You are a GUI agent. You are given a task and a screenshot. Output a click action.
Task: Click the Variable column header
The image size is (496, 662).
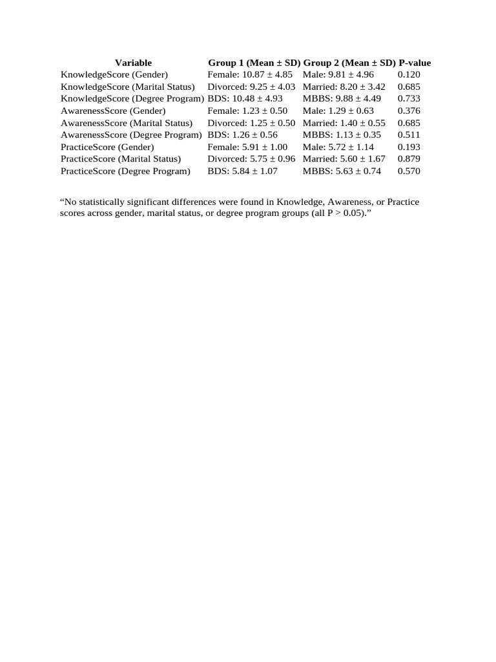(133, 63)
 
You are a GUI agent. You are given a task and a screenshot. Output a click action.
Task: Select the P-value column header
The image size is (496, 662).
(415, 63)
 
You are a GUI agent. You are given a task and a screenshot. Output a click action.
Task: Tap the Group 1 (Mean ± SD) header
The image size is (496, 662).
(254, 63)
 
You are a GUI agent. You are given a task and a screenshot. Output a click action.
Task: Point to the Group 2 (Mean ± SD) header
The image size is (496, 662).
(349, 63)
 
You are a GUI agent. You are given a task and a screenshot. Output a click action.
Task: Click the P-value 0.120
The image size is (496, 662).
(409, 75)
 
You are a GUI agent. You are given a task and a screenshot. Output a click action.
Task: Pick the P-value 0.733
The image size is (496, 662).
(409, 99)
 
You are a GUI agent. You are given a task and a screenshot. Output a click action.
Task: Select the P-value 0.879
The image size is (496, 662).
(409, 159)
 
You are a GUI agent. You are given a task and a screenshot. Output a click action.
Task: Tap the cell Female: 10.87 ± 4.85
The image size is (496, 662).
(250, 75)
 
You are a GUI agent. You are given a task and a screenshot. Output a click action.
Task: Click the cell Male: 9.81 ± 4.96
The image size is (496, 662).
(338, 75)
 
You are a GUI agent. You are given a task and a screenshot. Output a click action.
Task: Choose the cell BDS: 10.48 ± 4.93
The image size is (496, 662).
(245, 99)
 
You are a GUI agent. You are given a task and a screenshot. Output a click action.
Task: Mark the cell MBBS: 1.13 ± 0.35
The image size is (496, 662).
(342, 135)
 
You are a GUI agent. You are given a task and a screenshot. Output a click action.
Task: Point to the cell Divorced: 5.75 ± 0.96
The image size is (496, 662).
(251, 159)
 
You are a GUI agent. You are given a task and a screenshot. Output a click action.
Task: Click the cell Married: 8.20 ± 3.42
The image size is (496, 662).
(344, 87)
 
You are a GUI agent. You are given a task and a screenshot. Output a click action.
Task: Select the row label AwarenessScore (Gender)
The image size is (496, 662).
(113, 111)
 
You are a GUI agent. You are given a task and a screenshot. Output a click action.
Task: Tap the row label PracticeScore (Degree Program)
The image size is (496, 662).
(126, 171)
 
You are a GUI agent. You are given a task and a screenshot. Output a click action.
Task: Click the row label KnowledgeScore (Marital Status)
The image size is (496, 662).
(128, 87)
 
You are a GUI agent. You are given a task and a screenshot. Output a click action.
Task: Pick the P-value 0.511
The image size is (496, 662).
(409, 135)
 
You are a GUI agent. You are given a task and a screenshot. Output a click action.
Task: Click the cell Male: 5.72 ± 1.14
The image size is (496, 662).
(338, 147)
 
